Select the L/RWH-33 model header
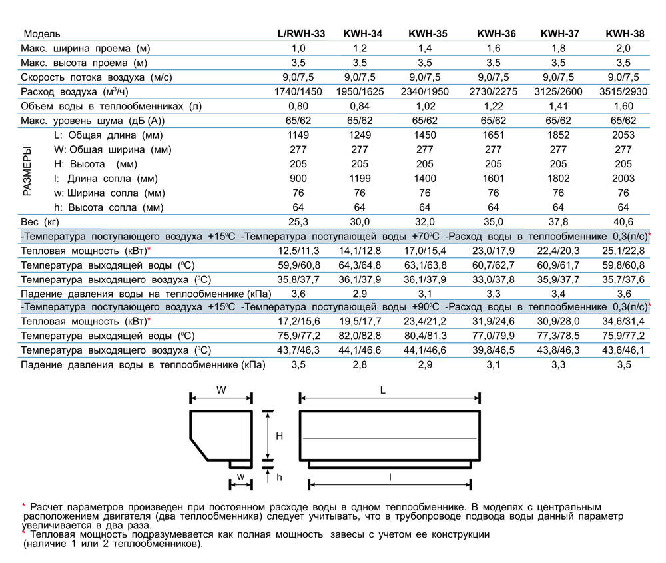[301, 33]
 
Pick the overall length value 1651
[494, 135]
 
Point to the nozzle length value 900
[298, 178]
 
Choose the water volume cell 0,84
[363, 106]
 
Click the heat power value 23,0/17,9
[494, 251]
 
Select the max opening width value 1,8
[558, 48]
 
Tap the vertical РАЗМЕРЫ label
[27, 171]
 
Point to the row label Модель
[42, 33]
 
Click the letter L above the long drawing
[383, 391]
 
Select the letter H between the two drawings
[280, 436]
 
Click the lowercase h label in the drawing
[280, 478]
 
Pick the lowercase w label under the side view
[240, 476]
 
